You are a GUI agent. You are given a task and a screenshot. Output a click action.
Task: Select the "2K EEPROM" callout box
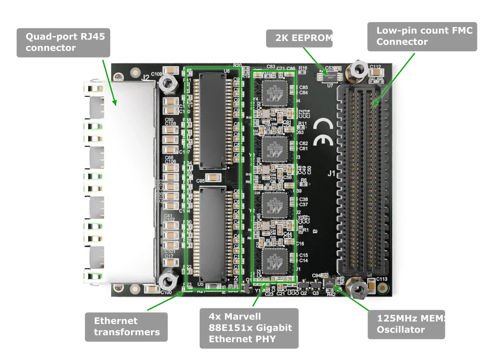(299, 38)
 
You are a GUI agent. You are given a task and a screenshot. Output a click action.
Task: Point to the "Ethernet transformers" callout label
(126, 326)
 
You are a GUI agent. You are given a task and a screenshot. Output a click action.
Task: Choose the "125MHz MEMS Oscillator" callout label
(407, 324)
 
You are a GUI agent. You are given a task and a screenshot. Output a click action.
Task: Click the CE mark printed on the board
(323, 134)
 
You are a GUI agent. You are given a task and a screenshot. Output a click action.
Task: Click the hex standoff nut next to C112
(359, 69)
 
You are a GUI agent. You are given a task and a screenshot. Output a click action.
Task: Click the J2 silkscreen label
(145, 78)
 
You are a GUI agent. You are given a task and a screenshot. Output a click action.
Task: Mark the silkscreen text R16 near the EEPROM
(303, 68)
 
